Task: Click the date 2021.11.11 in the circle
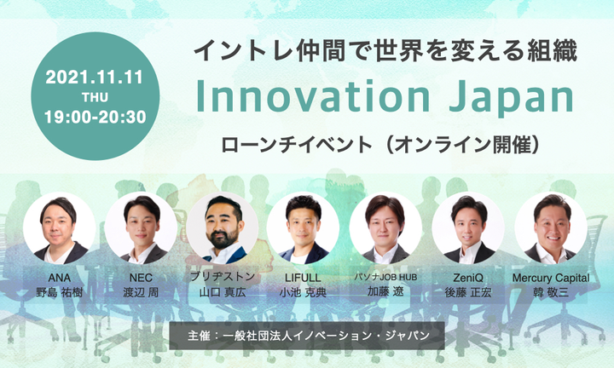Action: pos(94,77)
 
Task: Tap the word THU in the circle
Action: pos(95,97)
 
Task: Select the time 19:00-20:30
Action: pos(96,117)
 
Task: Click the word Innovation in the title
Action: pos(313,96)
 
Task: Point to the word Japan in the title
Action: pos(512,99)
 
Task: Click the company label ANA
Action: pos(59,278)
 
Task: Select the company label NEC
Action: pos(141,278)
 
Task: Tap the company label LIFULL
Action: pos(303,278)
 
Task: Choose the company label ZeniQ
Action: pos(468,278)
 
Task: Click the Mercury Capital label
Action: pos(551,278)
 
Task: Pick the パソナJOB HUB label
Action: pos(385,277)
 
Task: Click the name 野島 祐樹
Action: pos(59,292)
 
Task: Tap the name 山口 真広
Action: pos(223,292)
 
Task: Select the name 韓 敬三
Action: pos(551,292)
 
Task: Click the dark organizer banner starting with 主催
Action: pos(307,336)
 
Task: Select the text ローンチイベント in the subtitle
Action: pos(297,145)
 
